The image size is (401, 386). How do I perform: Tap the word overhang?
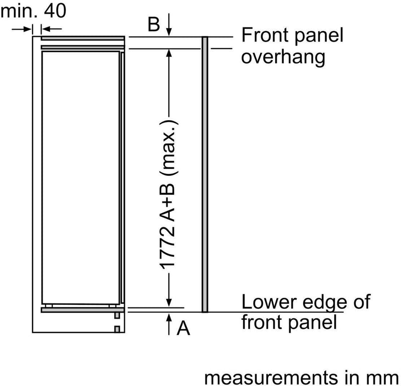pos(283,57)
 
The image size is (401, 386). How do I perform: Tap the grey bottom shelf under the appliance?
pos(82,310)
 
